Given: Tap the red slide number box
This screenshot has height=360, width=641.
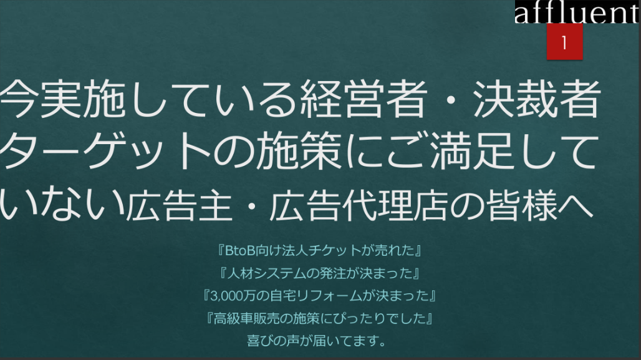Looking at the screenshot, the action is (564, 42).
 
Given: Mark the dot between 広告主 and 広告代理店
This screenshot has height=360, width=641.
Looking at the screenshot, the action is (251, 205).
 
